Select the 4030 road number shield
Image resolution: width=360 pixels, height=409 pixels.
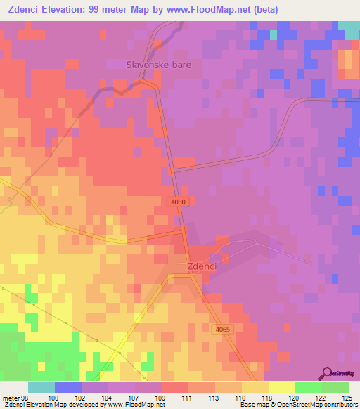click(179, 202)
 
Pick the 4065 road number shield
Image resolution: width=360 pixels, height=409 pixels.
click(223, 330)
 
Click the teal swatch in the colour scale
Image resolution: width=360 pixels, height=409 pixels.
click(41, 387)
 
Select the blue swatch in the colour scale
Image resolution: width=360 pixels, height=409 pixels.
click(67, 387)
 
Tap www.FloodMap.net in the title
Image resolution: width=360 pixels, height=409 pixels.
click(209, 10)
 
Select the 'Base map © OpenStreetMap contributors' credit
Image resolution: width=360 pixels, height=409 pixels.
click(297, 405)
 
